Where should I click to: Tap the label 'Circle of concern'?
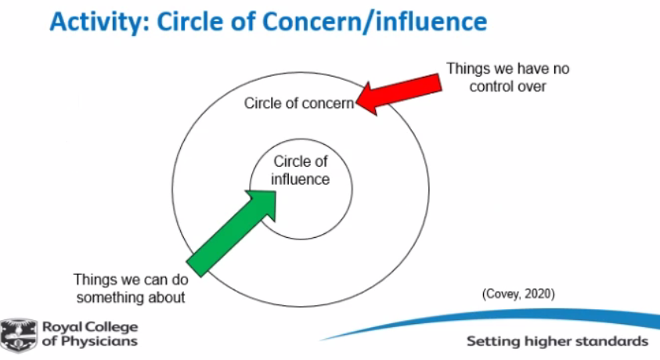pyautogui.click(x=300, y=103)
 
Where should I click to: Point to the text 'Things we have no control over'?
pyautogui.click(x=507, y=77)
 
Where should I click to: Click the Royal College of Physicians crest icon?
pyautogui.click(x=17, y=333)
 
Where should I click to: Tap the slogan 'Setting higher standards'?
pyautogui.click(x=557, y=341)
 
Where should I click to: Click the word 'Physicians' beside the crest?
pyautogui.click(x=96, y=341)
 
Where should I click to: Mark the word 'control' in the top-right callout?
pyautogui.click(x=490, y=87)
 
